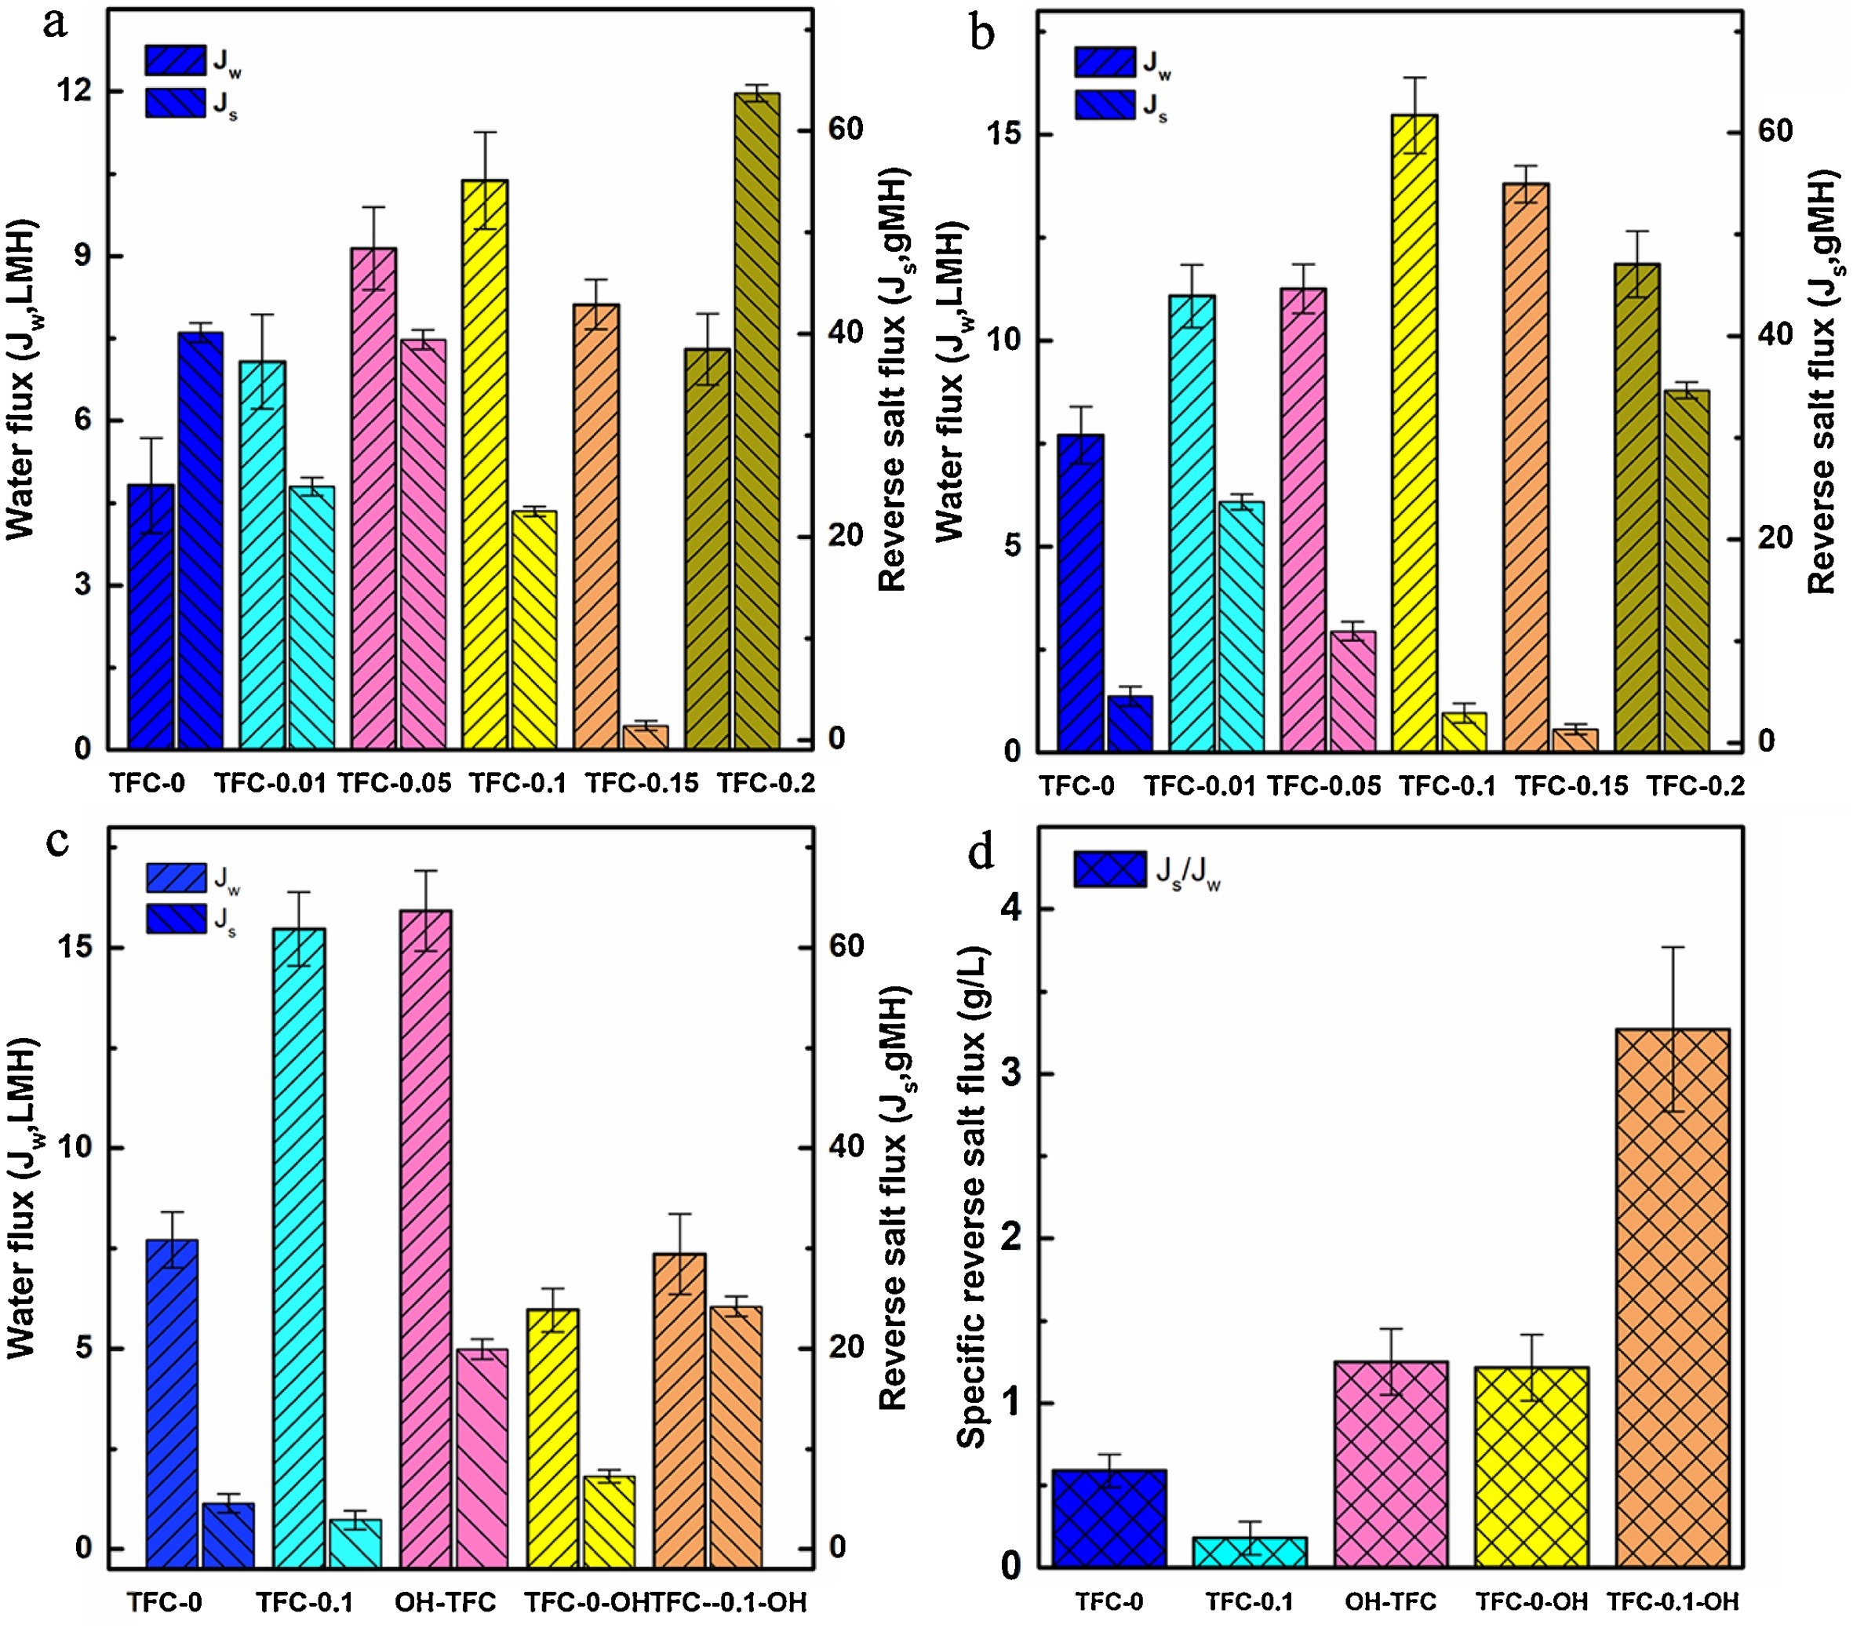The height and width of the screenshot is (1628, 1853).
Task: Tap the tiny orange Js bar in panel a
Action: pos(646,736)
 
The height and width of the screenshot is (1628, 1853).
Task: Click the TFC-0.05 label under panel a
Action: pos(395,783)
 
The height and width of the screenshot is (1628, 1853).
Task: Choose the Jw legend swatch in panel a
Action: pos(175,60)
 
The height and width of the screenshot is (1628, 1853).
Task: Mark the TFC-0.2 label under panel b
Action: pos(1695,785)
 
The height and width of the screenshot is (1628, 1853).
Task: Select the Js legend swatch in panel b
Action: pos(1104,104)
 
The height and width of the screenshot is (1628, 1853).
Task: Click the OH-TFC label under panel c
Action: pos(445,1603)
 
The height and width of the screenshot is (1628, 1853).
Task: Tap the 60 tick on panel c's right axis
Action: pos(846,946)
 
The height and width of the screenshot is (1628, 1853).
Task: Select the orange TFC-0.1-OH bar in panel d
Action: pos(1673,1297)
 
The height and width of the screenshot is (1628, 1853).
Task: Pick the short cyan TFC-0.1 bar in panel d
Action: pos(1249,1552)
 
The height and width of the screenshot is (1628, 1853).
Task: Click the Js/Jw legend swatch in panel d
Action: pos(1109,869)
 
